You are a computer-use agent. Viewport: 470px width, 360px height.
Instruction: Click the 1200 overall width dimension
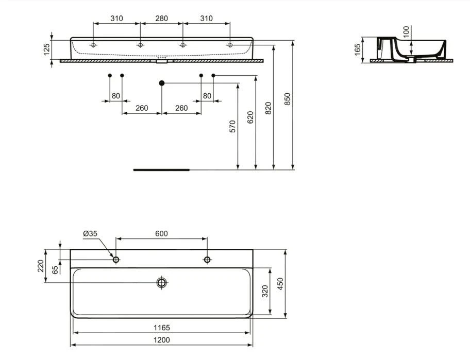tap(161, 340)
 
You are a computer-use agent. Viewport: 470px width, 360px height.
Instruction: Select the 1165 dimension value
tap(161, 328)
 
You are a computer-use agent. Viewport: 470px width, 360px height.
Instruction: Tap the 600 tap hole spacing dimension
tap(161, 233)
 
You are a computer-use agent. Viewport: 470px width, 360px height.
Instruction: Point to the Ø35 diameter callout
tap(90, 233)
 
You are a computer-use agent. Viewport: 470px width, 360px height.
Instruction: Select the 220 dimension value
tap(40, 266)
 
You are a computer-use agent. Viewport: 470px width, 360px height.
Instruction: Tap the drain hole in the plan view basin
tap(162, 282)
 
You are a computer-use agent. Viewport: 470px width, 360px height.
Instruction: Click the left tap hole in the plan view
tap(116, 260)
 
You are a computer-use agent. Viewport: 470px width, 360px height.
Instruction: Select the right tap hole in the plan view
tap(207, 260)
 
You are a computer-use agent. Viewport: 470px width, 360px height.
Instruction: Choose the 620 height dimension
tap(250, 117)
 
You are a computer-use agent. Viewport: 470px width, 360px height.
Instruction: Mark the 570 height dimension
tap(232, 126)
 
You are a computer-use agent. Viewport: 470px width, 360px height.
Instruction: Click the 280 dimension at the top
tap(161, 19)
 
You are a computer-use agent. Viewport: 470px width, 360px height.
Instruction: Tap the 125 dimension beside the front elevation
tap(46, 49)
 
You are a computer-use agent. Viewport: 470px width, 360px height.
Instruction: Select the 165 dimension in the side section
tap(358, 49)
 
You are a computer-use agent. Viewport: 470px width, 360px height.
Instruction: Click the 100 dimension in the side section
tap(406, 32)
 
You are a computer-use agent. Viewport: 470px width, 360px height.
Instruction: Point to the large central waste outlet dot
tap(162, 82)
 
